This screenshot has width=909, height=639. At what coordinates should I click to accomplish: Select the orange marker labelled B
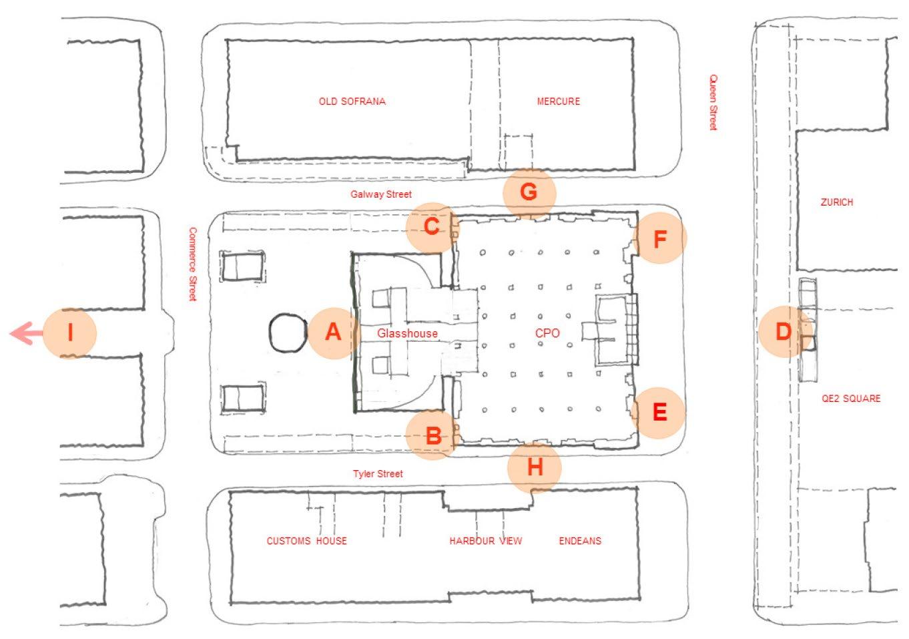coord(433,436)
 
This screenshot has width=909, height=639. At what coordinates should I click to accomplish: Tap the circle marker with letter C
coord(432,227)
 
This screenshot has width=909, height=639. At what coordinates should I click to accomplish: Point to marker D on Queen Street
coord(784,332)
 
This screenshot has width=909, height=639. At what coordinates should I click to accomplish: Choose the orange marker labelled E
coord(659,412)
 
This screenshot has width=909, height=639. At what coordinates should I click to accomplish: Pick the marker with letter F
coord(659,238)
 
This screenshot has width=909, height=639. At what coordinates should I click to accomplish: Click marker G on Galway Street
coord(529,192)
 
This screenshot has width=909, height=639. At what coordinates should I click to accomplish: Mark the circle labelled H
coord(534,467)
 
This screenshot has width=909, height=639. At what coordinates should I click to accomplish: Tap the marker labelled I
coord(70,333)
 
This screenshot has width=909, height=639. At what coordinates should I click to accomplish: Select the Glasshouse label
coord(407,333)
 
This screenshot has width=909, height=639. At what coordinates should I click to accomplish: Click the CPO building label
coord(547,333)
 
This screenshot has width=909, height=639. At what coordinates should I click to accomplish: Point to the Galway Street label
coord(381,194)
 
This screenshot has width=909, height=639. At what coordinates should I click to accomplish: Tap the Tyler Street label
coord(378,474)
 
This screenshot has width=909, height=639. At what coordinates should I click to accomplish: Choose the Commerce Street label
coord(193,264)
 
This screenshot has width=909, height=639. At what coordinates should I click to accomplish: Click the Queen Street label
coord(713,102)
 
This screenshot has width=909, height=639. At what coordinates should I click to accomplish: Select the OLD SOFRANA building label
coord(352,101)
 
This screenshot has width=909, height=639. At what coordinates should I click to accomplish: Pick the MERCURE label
coord(558,101)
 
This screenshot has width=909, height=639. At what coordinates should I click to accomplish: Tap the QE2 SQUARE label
coord(851,399)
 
